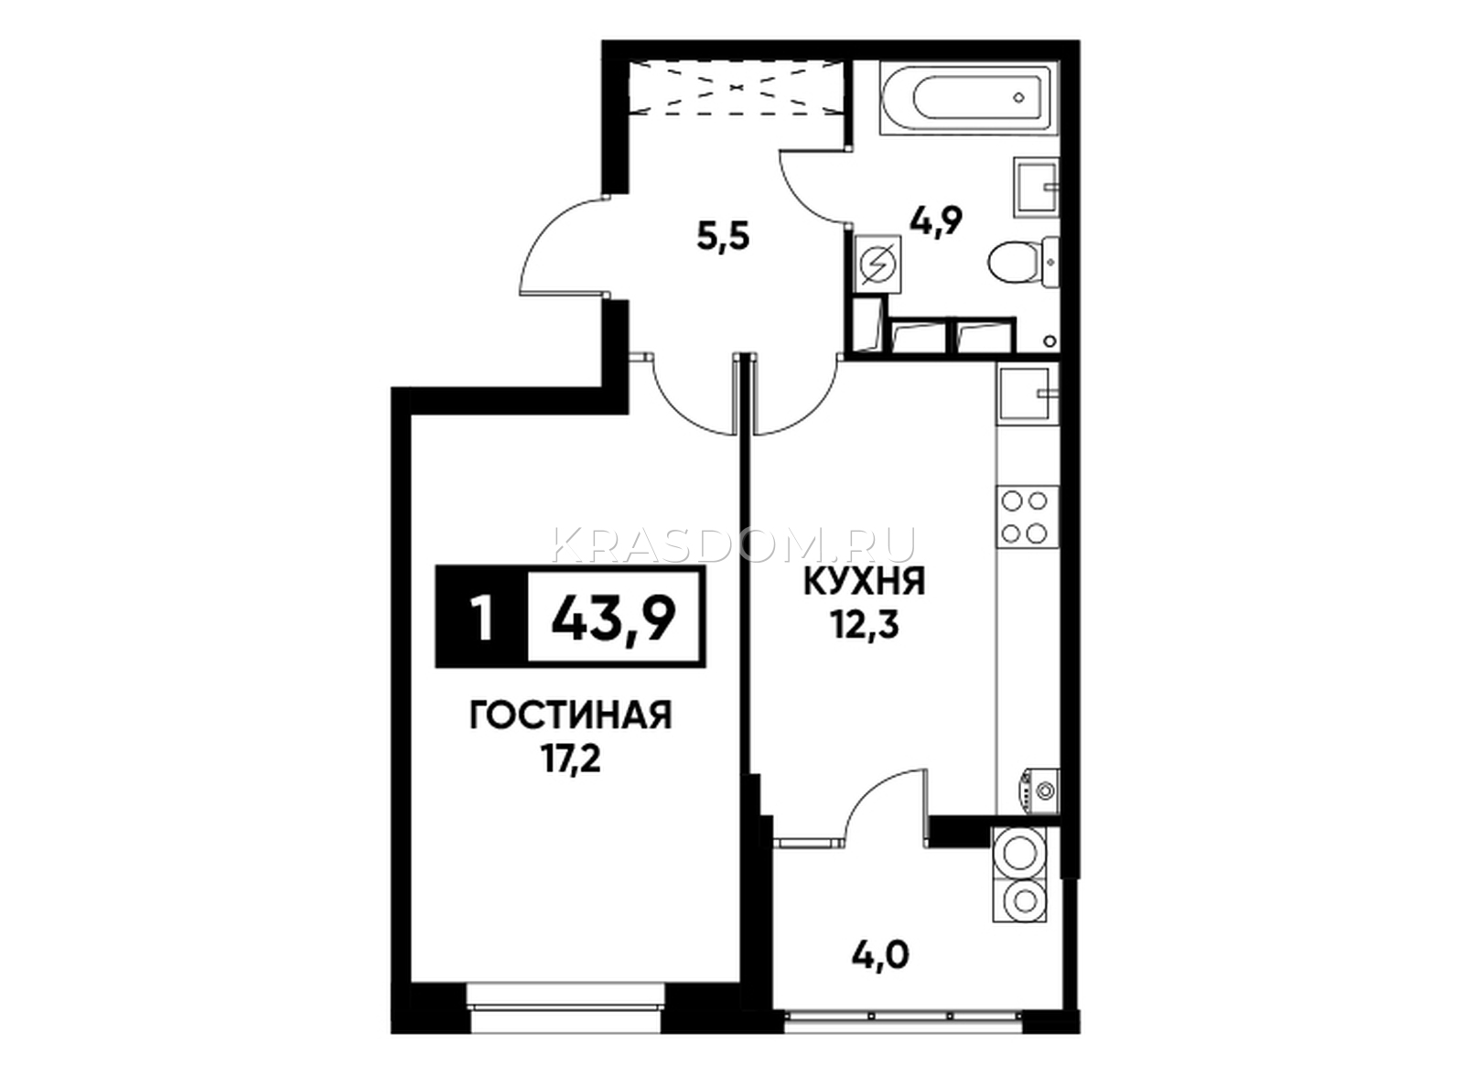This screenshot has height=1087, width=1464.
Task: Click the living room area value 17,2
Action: click(x=571, y=761)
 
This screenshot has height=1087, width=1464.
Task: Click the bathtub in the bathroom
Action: click(x=968, y=99)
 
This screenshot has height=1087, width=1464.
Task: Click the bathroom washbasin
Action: click(x=1036, y=188)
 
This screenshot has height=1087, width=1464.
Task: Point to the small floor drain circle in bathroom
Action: click(x=1050, y=342)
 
